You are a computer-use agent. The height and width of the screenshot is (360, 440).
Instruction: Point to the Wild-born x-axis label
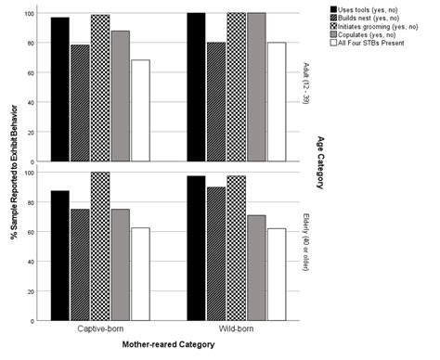(235, 329)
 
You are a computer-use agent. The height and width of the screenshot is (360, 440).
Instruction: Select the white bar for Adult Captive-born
(140, 110)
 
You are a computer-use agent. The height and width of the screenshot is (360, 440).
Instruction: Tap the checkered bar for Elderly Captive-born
(100, 246)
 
